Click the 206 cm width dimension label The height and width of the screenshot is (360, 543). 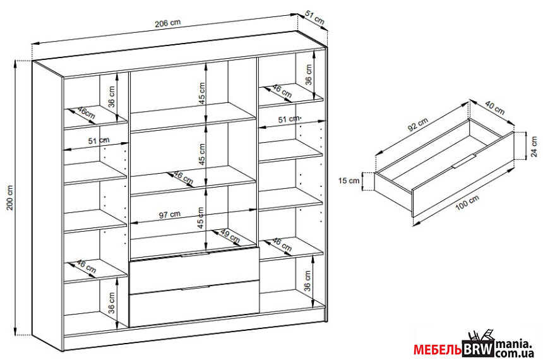coord(167,23)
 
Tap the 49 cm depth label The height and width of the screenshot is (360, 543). coord(230,236)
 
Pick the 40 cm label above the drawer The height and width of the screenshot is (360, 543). coord(495,108)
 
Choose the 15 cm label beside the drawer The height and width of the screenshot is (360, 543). coord(349,181)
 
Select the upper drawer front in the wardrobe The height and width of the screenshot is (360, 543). coord(194,270)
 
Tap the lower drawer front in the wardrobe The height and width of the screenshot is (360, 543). coord(194,304)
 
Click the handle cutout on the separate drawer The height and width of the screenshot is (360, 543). coord(463,160)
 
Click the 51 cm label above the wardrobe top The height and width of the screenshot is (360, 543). coord(314,18)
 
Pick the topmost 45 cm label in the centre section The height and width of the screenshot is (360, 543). coord(201,93)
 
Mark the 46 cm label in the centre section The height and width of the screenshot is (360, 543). coord(182,178)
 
